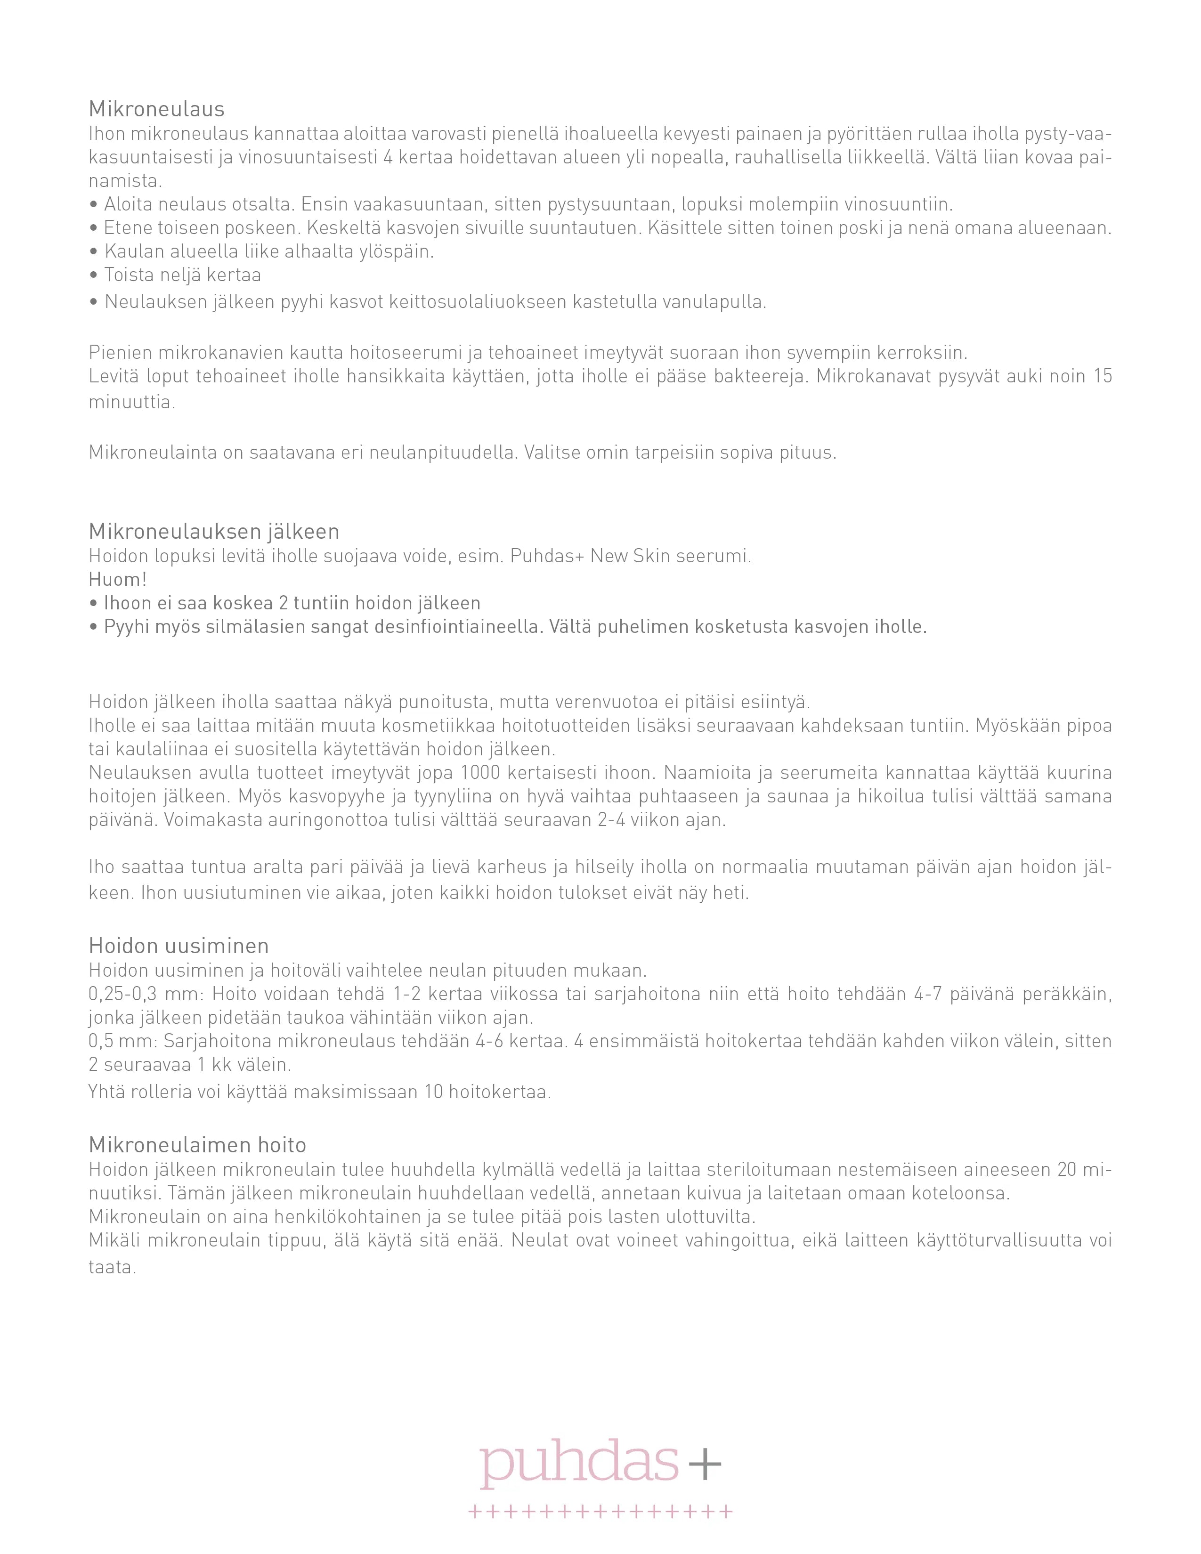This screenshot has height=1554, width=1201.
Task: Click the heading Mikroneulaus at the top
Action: tap(156, 109)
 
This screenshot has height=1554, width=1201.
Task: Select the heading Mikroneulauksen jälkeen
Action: tap(213, 532)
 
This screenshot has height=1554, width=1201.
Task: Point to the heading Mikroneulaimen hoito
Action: tap(197, 1145)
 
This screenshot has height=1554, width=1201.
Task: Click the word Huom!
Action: tap(117, 579)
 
